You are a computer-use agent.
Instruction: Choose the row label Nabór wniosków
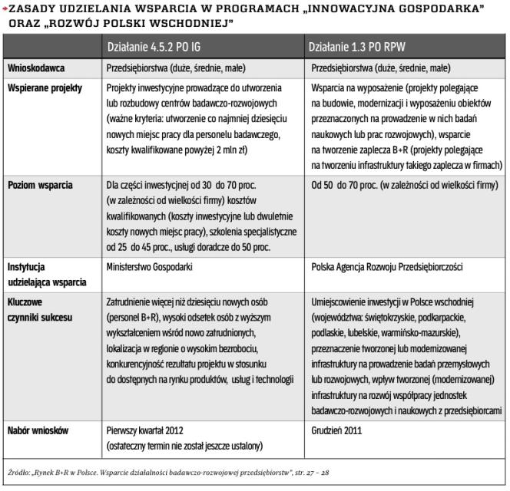38,430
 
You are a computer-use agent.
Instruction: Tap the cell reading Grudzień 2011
337,430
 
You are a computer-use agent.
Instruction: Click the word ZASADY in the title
31,9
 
